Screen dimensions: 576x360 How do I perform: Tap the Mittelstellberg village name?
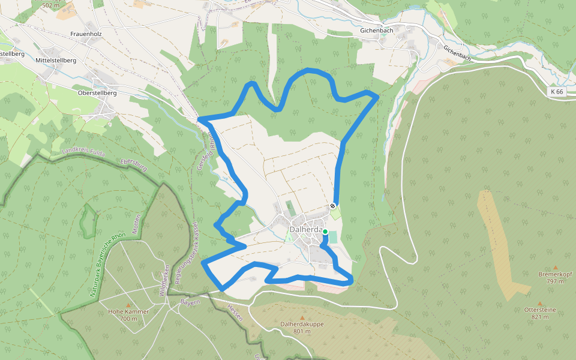click(56, 61)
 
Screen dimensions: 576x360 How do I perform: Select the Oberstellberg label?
click(97, 93)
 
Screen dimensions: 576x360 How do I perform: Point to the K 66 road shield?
click(556, 92)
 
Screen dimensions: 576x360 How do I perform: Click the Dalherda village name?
click(306, 229)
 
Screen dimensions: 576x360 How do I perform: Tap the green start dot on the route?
click(325, 232)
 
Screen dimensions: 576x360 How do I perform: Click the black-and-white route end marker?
click(333, 206)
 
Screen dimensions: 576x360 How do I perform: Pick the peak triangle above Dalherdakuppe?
click(302, 317)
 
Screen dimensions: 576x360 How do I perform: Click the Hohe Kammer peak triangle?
click(128, 305)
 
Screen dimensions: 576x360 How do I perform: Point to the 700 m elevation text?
click(128, 319)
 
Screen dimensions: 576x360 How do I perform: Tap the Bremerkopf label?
click(555, 274)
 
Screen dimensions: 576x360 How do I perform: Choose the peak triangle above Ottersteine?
click(539, 304)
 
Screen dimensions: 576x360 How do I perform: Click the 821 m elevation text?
click(539, 317)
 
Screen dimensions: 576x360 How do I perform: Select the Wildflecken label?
click(163, 281)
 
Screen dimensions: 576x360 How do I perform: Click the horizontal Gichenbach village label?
click(376, 29)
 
